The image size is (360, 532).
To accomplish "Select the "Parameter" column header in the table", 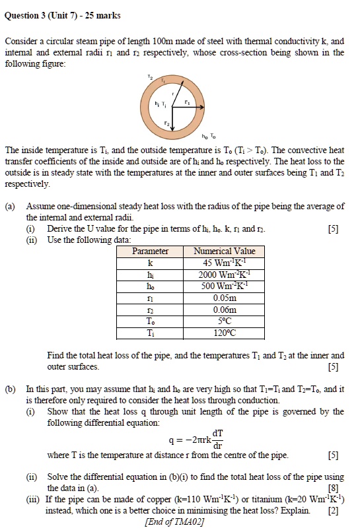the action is point(150,251).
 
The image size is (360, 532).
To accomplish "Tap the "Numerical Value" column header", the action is point(224,251).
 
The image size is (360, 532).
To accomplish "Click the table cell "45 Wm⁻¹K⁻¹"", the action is point(224,263).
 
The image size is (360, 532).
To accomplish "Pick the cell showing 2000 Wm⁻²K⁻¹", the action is point(224,275).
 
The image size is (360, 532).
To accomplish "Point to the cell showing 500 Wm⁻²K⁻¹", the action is point(224,286).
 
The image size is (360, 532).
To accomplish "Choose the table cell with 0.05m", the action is point(224,298).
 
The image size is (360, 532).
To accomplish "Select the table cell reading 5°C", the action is point(224,321).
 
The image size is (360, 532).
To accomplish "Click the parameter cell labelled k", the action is point(150,263).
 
